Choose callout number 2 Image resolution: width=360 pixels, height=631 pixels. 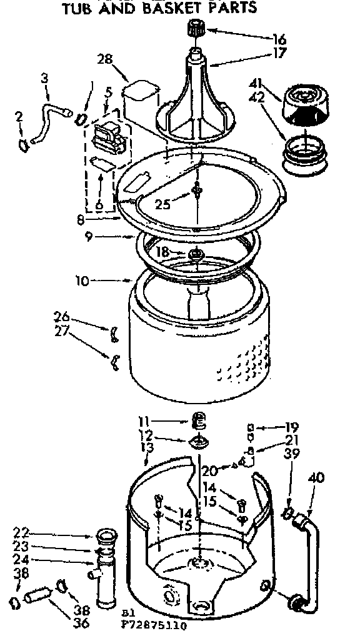19,116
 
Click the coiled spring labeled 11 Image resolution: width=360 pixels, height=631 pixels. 197,421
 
